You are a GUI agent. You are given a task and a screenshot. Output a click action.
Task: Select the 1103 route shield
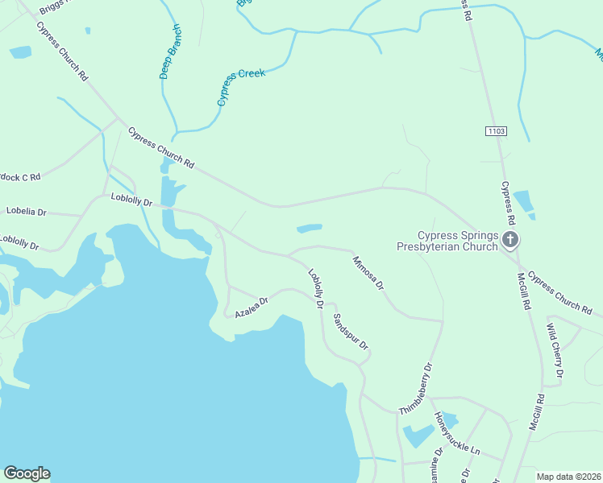point(496,130)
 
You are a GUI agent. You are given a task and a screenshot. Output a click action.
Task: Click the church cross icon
point(510,239)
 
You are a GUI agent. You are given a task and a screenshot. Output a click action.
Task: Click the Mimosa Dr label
point(368,273)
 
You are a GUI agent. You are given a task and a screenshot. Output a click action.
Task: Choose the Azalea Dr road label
point(251,306)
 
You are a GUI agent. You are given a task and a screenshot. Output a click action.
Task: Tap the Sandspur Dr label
point(351,332)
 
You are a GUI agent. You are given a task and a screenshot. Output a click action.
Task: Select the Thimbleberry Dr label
point(416,389)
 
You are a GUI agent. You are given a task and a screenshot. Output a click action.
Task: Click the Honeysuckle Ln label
point(457,435)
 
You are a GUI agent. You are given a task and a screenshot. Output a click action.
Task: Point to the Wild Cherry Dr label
point(554,351)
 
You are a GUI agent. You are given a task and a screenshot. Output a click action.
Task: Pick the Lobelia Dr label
point(27,212)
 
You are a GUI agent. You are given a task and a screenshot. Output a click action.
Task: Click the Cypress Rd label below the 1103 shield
point(507,202)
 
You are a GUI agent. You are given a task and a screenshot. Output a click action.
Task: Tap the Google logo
point(27,473)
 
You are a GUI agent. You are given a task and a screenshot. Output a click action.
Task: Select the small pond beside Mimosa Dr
point(310,229)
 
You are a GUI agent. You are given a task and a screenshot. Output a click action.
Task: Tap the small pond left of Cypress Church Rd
point(20,52)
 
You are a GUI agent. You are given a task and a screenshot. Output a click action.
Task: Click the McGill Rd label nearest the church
point(525,295)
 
